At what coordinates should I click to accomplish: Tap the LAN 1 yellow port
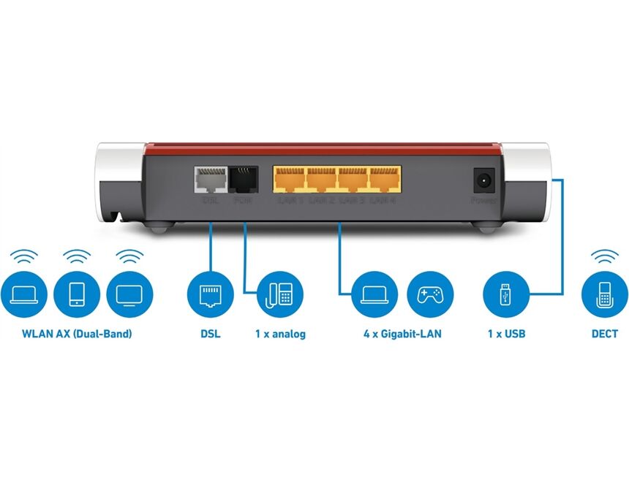tap(289, 180)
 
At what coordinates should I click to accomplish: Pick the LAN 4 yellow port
tap(385, 180)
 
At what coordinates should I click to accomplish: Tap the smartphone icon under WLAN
tap(78, 294)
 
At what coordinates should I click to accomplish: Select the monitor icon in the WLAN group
tap(129, 294)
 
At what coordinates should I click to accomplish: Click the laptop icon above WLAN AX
tap(25, 294)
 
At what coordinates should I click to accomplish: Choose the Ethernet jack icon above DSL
tap(210, 294)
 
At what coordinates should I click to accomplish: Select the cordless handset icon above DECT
tap(604, 294)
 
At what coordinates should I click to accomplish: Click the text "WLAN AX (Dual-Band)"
tap(78, 334)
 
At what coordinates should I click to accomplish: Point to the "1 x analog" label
tap(280, 334)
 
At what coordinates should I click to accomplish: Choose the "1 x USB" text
tap(506, 334)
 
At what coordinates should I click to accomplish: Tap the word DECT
tap(604, 334)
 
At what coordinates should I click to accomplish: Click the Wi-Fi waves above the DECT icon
tap(604, 256)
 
